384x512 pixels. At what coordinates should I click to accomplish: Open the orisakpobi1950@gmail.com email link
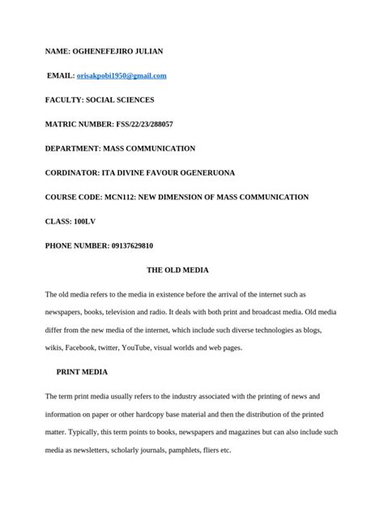122,75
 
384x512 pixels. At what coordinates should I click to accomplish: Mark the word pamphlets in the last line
176,450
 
